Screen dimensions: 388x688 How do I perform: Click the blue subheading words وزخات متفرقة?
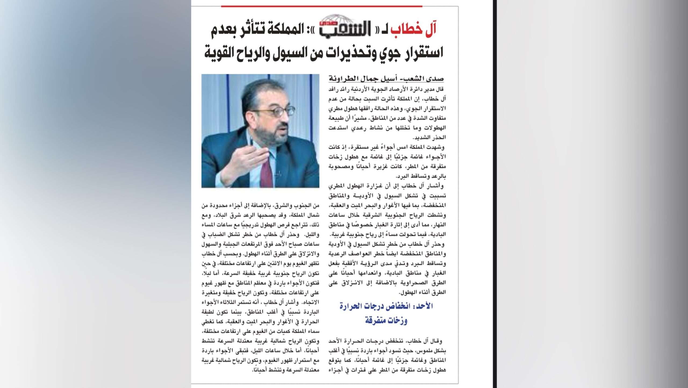tap(386, 321)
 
